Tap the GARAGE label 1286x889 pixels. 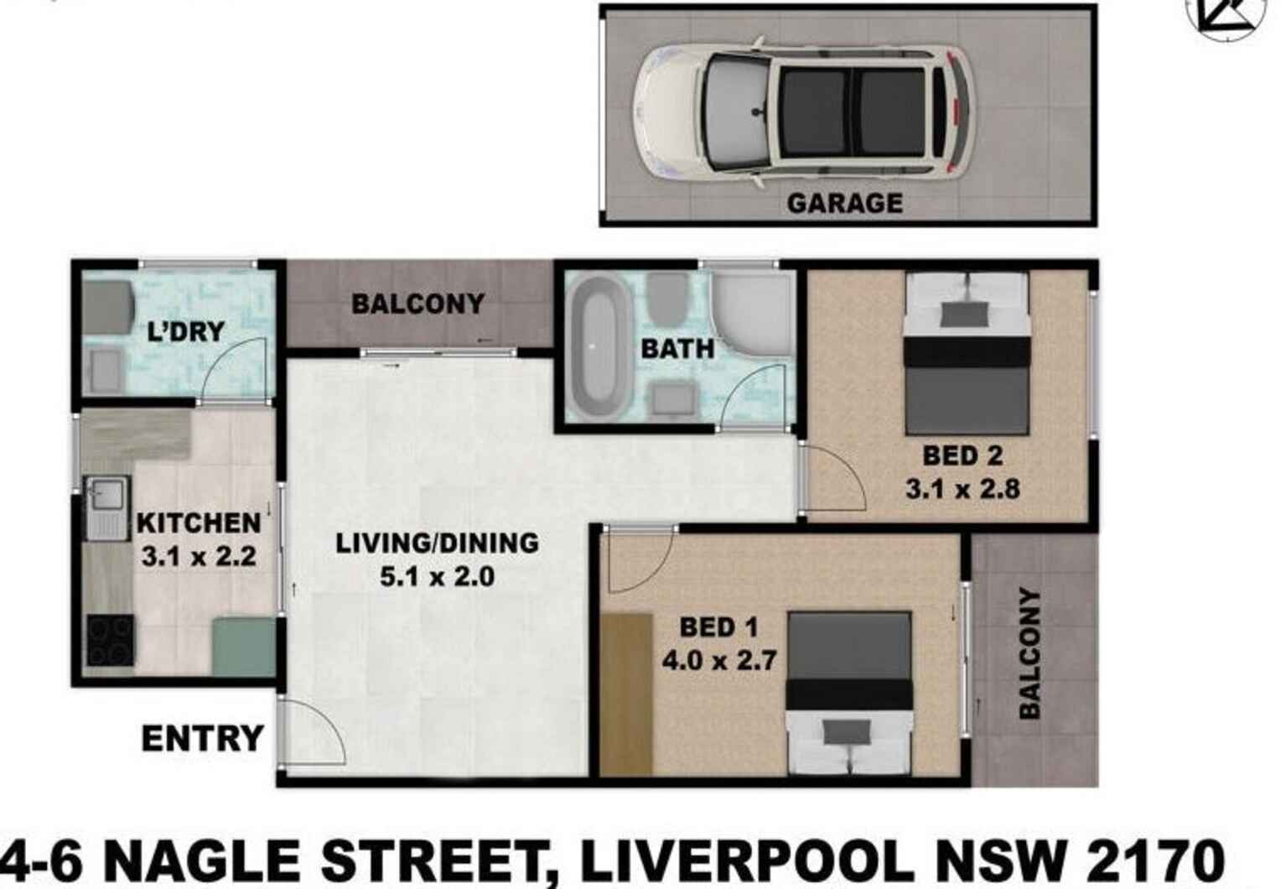click(844, 203)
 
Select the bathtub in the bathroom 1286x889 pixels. click(596, 347)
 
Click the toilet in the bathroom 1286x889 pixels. click(664, 300)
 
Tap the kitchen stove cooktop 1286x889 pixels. click(110, 640)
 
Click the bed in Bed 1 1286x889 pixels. click(849, 693)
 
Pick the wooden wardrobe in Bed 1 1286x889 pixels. click(626, 693)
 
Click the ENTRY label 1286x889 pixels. click(202, 739)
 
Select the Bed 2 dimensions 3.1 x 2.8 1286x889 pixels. click(962, 488)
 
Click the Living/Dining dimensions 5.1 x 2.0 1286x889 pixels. click(437, 577)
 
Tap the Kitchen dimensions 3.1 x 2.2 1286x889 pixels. click(199, 556)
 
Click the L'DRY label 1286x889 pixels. click(185, 331)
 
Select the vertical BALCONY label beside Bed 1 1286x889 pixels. click(1030, 653)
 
